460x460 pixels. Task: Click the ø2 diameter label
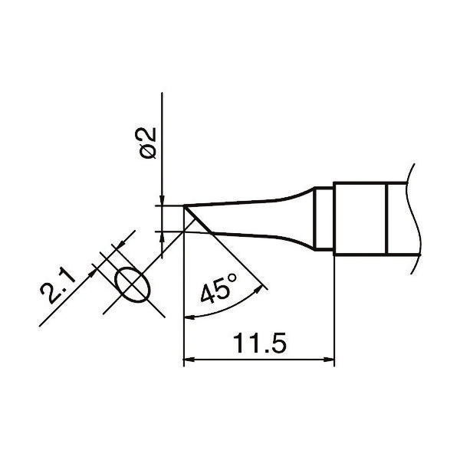149,143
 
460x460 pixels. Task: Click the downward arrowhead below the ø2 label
163,200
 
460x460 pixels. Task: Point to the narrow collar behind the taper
324,219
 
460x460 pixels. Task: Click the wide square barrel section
360,219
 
